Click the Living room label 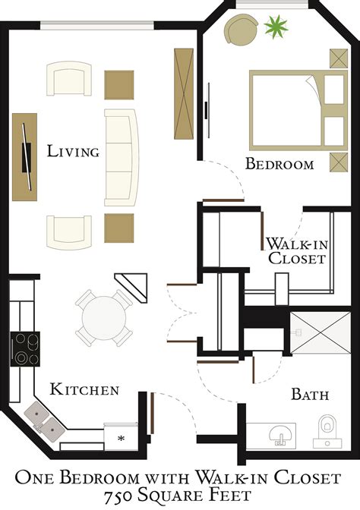pos(73,152)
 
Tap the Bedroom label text pos(279,164)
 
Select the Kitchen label pos(84,390)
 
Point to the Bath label pos(310,395)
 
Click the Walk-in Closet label pos(295,251)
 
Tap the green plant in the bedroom pos(276,29)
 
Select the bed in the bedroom pos(288,109)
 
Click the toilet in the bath pos(328,430)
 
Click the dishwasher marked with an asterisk pos(120,438)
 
